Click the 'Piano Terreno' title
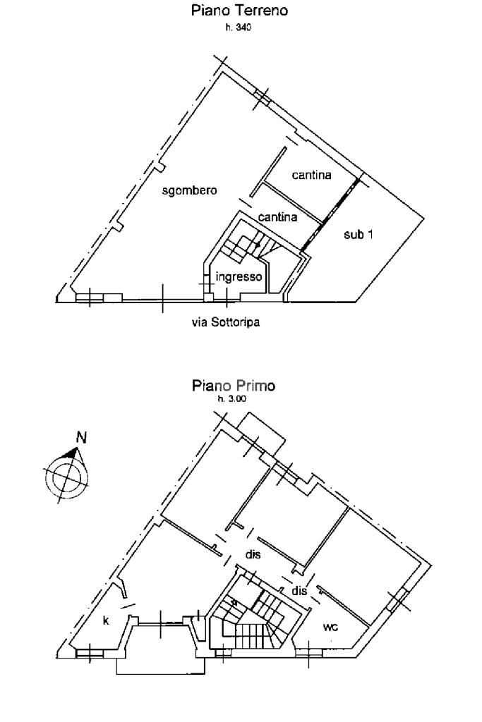click(x=240, y=11)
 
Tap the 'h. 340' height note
click(x=239, y=27)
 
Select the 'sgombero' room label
click(x=189, y=190)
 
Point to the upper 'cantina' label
click(x=311, y=175)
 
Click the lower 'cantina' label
click(x=277, y=217)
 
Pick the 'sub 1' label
click(x=359, y=234)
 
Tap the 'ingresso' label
click(x=239, y=276)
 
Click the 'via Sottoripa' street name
click(x=226, y=322)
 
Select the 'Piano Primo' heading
click(x=234, y=386)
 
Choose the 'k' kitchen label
click(x=106, y=620)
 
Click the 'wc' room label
click(x=330, y=627)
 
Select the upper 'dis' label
click(x=253, y=554)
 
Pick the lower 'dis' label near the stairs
click(x=299, y=590)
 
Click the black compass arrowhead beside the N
click(x=71, y=453)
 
